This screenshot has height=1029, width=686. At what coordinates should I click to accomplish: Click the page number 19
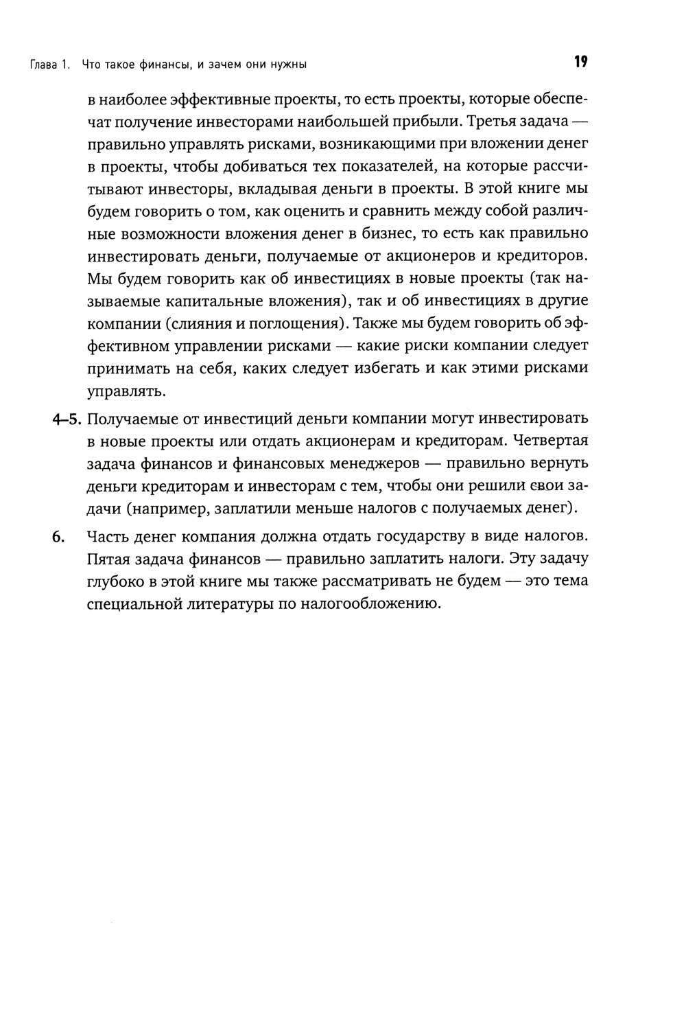click(x=580, y=62)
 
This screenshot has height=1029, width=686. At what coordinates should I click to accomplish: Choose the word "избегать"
click(x=387, y=368)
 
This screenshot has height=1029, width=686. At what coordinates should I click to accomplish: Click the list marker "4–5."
click(x=67, y=419)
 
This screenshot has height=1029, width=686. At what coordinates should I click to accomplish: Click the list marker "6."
click(x=60, y=537)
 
